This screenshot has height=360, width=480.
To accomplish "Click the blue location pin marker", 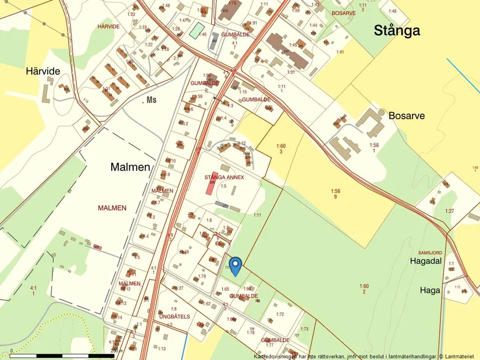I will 235,265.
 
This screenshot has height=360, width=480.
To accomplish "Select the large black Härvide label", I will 42,71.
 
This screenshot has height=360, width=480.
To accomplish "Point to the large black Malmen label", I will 131,167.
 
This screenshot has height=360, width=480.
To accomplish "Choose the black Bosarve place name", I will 407,115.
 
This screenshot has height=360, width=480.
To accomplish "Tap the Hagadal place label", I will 426,261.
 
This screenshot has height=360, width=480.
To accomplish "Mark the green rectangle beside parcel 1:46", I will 196,30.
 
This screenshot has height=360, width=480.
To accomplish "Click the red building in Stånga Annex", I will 210,187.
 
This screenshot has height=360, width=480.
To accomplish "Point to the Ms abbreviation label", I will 151,101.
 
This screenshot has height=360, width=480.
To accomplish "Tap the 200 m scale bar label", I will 116,351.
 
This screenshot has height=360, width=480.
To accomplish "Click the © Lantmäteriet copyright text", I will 458,356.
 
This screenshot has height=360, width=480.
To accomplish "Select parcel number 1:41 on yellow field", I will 340,52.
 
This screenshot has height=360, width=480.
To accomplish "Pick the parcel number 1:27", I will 449,211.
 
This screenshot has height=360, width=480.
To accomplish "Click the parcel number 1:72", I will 280,314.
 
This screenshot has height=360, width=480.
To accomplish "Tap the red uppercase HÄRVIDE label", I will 109,27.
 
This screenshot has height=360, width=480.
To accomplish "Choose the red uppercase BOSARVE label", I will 343,13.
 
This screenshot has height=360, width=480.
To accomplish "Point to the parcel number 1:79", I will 202,276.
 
